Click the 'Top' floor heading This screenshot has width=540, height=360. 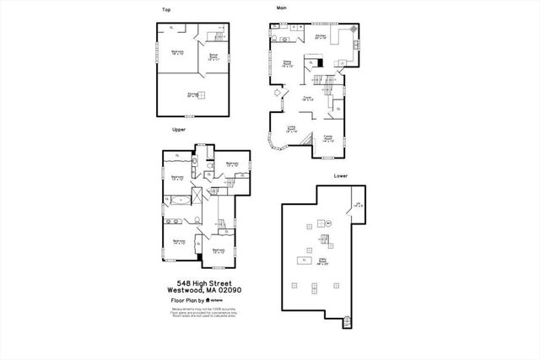click(165, 10)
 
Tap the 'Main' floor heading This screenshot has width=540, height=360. click(281, 7)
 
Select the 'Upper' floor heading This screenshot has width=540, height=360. click(179, 130)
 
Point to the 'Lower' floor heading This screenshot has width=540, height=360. click(340, 176)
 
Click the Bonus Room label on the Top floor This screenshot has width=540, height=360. click(213, 57)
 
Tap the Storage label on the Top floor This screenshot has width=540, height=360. click(193, 95)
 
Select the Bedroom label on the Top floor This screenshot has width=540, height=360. click(177, 52)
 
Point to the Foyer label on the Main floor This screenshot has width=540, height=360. click(308, 99)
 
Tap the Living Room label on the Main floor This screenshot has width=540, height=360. click(292, 130)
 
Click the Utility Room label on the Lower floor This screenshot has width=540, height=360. click(323, 261)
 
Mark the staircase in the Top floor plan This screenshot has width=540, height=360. click(218, 38)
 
